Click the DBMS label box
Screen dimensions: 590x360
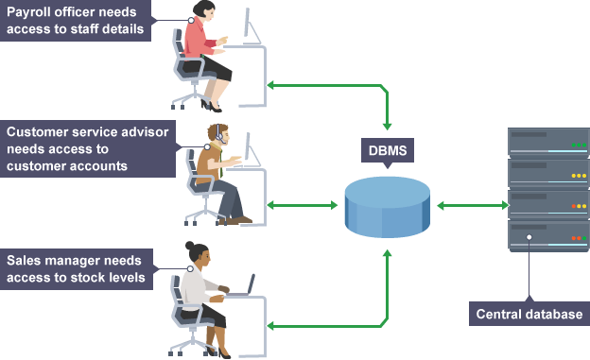tap(388, 150)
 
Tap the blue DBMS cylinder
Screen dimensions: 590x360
tap(388, 207)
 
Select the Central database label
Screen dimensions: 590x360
tap(529, 314)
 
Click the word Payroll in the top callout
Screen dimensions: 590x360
tap(28, 12)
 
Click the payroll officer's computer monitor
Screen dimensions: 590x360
tap(252, 26)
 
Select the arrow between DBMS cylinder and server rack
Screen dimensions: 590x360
tap(473, 205)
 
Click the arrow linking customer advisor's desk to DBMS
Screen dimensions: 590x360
tap(303, 205)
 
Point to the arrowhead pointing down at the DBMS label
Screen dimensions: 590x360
tap(388, 127)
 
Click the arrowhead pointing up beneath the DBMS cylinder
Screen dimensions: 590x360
tap(388, 253)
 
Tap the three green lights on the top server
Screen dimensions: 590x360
tap(579, 145)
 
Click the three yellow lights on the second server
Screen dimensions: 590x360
tap(579, 176)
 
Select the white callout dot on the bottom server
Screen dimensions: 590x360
tap(529, 237)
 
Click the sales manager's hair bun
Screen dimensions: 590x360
tap(190, 246)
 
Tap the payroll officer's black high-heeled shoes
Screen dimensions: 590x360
tap(211, 106)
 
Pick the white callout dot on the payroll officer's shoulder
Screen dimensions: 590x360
tap(191, 20)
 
